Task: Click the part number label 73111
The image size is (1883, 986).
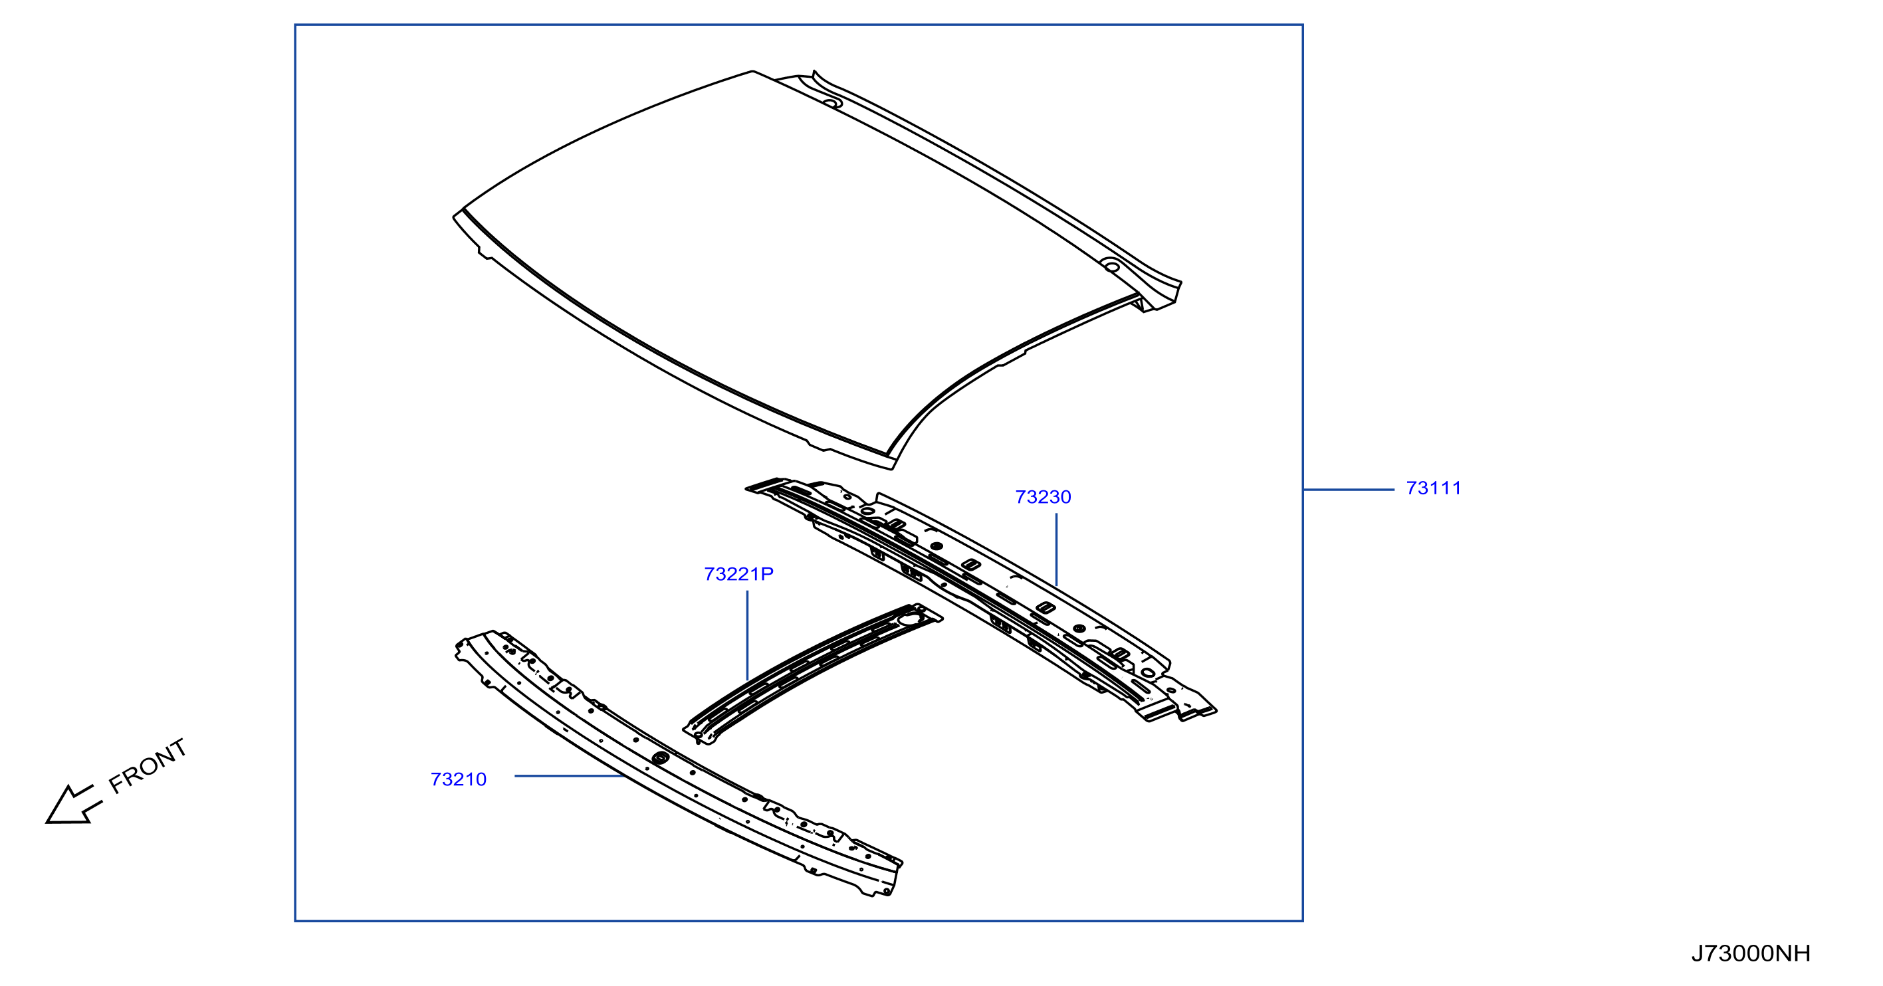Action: click(1434, 488)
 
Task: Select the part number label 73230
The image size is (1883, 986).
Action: click(1043, 497)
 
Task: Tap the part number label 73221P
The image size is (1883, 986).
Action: click(738, 575)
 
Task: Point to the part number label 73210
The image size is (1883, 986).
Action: click(459, 780)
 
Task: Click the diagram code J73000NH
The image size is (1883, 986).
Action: click(1751, 953)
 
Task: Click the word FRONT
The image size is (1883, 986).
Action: click(148, 765)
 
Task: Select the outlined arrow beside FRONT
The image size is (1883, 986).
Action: click(73, 805)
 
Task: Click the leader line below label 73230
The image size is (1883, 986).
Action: click(1056, 549)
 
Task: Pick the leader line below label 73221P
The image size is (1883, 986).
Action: click(747, 636)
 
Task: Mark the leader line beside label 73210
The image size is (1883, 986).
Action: click(570, 775)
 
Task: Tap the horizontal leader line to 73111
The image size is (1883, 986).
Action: click(1349, 489)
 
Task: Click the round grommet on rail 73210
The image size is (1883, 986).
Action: click(660, 758)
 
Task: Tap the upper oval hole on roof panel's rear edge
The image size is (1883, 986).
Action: click(833, 103)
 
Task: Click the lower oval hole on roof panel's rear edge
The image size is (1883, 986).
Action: click(1111, 267)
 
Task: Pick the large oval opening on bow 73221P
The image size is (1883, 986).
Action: click(911, 619)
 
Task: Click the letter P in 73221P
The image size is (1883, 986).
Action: click(767, 575)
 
